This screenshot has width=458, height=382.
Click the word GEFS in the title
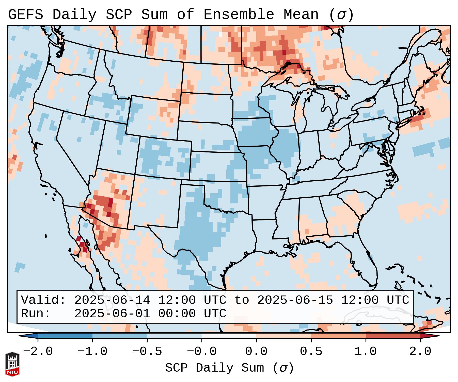[25, 15]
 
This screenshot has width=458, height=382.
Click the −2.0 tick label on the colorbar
[38, 352]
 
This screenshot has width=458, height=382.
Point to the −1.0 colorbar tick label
[92, 352]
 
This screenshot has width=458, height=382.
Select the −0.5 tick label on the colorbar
[147, 352]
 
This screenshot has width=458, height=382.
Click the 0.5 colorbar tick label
[311, 352]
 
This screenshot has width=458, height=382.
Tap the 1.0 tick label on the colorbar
[366, 352]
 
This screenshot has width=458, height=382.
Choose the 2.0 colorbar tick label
[420, 352]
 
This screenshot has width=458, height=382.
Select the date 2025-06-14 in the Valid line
[112, 300]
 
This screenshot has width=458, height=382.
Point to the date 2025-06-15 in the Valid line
[295, 300]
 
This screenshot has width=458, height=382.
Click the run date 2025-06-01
[112, 314]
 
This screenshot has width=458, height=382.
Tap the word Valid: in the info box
[43, 300]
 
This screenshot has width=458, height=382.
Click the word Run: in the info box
[36, 314]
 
